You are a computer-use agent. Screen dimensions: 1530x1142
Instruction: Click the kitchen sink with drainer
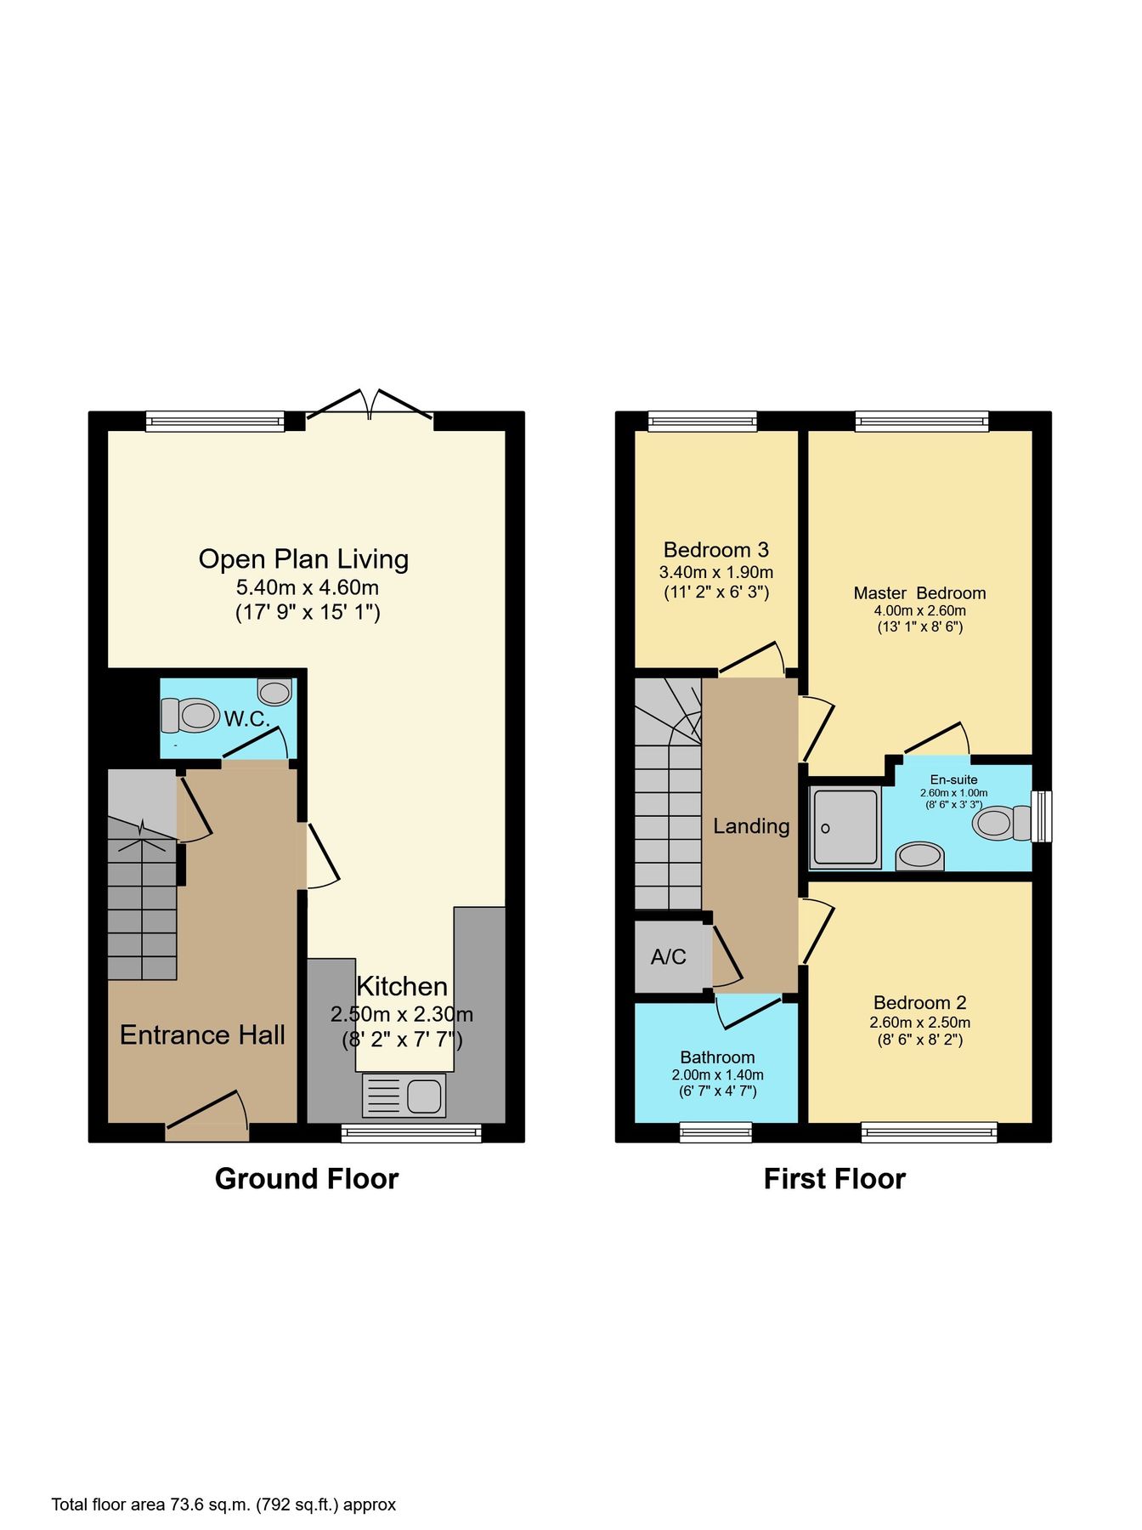(x=404, y=1095)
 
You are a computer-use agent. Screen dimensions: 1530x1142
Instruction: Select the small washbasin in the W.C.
(x=275, y=692)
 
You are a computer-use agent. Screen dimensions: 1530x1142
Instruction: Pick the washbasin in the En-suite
(x=920, y=855)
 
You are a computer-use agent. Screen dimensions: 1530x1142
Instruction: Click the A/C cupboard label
(x=668, y=957)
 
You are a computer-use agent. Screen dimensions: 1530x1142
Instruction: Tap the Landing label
(x=751, y=826)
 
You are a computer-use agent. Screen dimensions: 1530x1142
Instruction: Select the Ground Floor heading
(x=307, y=1179)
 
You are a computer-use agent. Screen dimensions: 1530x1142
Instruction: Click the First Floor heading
(x=834, y=1179)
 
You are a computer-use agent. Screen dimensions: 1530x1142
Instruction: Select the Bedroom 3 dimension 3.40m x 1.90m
(x=716, y=572)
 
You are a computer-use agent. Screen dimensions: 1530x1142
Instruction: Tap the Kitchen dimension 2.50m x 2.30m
(x=402, y=1014)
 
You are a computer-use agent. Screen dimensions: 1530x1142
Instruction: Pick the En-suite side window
(x=1042, y=816)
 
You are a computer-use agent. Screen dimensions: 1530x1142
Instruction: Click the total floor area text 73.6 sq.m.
(x=223, y=1504)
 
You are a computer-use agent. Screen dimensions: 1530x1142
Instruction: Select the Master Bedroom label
(x=919, y=593)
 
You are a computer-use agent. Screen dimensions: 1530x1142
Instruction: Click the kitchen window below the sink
(x=411, y=1132)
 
